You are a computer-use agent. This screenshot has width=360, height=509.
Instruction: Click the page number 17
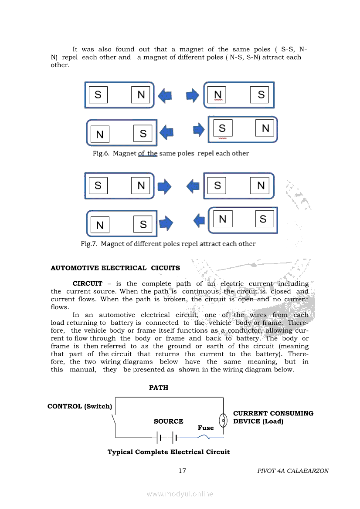(183, 470)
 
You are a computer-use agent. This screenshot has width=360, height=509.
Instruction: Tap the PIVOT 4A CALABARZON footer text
(293, 471)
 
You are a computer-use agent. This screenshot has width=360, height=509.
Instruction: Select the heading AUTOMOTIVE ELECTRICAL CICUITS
(115, 268)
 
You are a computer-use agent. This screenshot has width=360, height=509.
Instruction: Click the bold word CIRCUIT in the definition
(87, 283)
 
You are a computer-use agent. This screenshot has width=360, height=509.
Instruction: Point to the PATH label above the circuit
(159, 388)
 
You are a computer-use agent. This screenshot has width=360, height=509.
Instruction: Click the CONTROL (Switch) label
(80, 406)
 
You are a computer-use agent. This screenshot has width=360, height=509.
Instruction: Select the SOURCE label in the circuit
(168, 421)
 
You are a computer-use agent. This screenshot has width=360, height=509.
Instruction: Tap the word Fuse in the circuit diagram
(206, 428)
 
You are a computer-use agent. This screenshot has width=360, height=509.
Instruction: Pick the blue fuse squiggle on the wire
(204, 437)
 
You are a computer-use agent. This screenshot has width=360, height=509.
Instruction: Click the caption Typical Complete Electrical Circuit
(169, 452)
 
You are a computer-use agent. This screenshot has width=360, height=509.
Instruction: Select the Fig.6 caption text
(171, 153)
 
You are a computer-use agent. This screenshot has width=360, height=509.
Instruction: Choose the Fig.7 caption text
(168, 243)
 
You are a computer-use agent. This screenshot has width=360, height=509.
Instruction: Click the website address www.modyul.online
(180, 494)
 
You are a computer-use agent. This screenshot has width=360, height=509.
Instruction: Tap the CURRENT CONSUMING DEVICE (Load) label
(273, 417)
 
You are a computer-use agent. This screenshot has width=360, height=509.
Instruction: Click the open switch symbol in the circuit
(114, 420)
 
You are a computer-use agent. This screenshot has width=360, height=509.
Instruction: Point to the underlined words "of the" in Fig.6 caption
(147, 153)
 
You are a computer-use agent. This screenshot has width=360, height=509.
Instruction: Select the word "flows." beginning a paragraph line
(60, 307)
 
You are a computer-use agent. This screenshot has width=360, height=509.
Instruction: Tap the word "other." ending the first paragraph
(60, 65)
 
